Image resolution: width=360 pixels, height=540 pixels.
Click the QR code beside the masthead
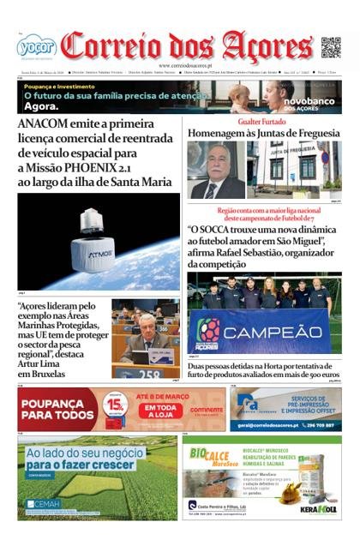pyautogui.click(x=330, y=46)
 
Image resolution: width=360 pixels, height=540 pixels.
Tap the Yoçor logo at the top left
pyautogui.click(x=36, y=46)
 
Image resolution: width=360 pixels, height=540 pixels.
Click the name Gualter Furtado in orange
pyautogui.click(x=262, y=123)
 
